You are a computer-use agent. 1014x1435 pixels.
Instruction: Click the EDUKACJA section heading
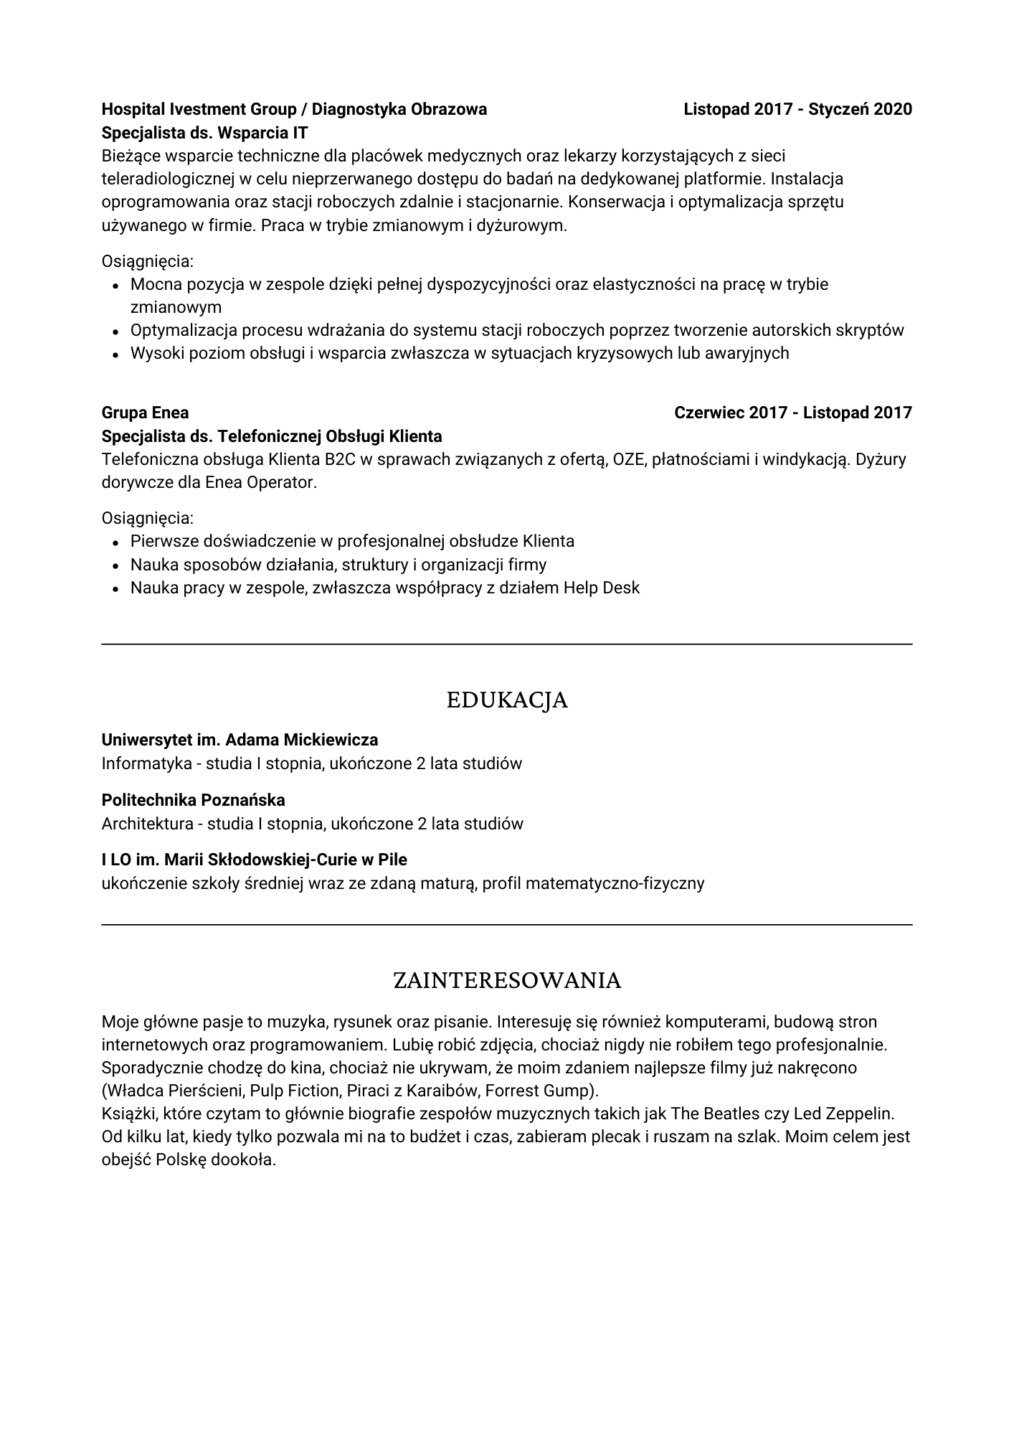[507, 700]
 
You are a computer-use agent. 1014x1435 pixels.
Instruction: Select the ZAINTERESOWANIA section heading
[507, 980]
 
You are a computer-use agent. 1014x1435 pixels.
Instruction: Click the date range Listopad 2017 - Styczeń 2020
[797, 109]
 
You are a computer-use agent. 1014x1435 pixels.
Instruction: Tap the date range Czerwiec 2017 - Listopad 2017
[793, 413]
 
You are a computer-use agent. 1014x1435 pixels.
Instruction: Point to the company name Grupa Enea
[145, 413]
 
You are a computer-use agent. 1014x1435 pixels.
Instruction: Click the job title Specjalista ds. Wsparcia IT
[204, 133]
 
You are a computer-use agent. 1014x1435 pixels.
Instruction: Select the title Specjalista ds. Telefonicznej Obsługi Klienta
[272, 436]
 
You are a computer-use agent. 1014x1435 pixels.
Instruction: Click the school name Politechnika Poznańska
[193, 800]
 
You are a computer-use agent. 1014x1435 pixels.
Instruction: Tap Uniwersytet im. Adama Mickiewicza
[240, 740]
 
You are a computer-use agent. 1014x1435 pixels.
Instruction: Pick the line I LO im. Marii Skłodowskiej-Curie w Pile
[254, 860]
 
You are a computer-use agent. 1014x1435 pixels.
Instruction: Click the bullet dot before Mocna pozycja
[115, 286]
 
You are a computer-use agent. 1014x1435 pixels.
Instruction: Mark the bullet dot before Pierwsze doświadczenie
[115, 542]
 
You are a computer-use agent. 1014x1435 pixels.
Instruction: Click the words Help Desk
[601, 588]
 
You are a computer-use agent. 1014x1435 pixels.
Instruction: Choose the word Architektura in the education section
[147, 824]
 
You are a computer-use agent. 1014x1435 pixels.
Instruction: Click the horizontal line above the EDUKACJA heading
[507, 644]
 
